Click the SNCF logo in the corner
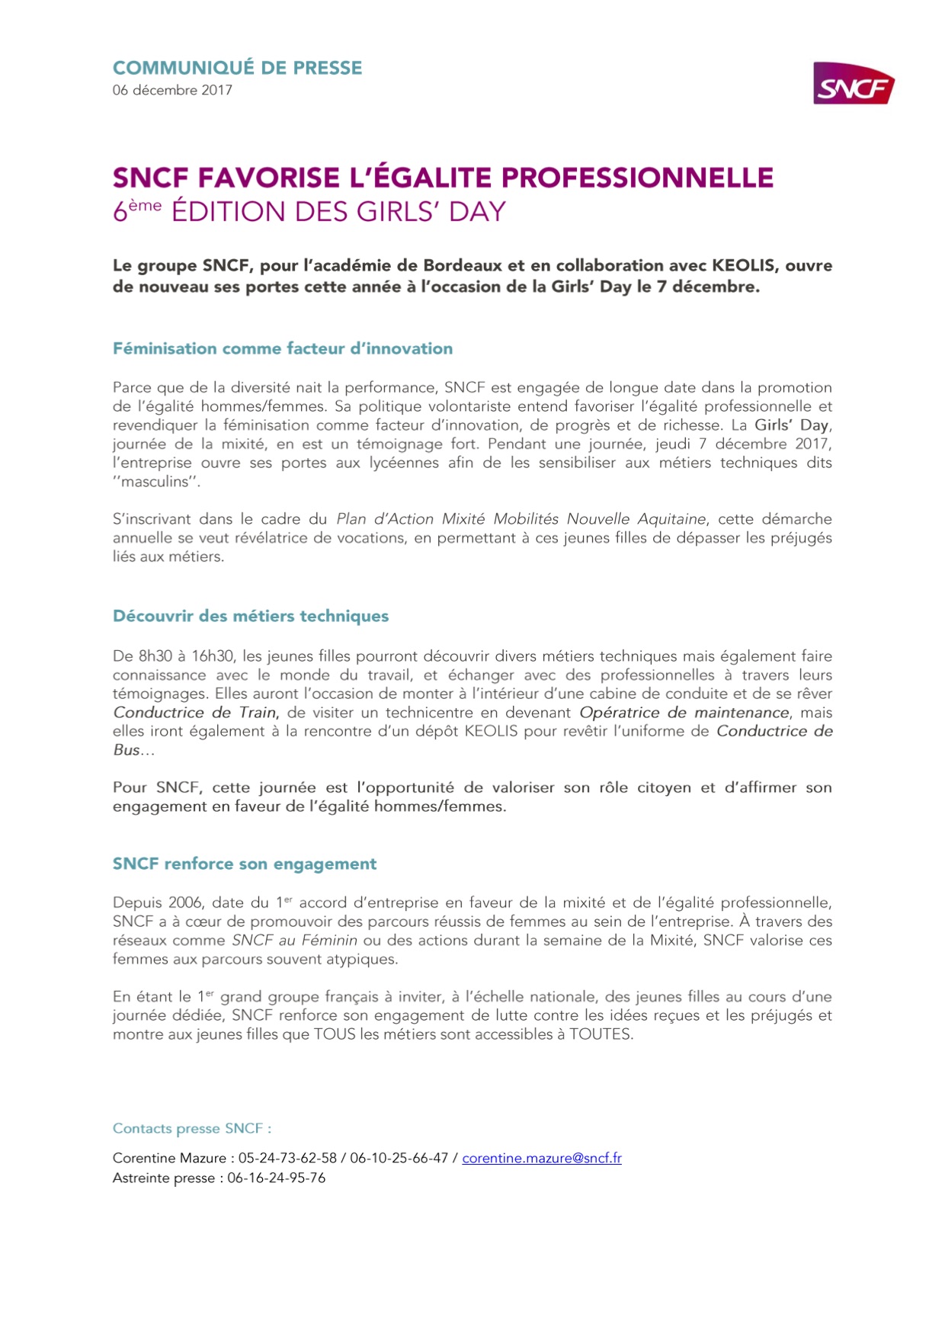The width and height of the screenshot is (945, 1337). click(x=854, y=84)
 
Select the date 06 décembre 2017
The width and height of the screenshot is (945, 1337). click(x=172, y=90)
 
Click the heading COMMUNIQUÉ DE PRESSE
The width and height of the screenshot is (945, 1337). click(x=237, y=68)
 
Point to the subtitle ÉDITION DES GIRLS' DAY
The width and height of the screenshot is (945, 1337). click(x=338, y=211)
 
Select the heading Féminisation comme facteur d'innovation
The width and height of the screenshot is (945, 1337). click(x=282, y=348)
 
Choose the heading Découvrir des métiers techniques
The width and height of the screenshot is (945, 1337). click(x=251, y=616)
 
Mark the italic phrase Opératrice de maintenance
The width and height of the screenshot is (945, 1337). click(x=684, y=713)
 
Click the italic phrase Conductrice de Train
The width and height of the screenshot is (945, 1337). click(x=195, y=713)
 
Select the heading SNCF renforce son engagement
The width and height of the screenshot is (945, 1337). click(x=245, y=864)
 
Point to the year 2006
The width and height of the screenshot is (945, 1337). click(x=185, y=903)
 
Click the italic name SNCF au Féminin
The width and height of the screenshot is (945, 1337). click(x=294, y=941)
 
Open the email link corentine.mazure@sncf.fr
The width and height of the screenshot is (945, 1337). click(x=541, y=1158)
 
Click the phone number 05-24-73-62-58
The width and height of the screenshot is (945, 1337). click(x=287, y=1158)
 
